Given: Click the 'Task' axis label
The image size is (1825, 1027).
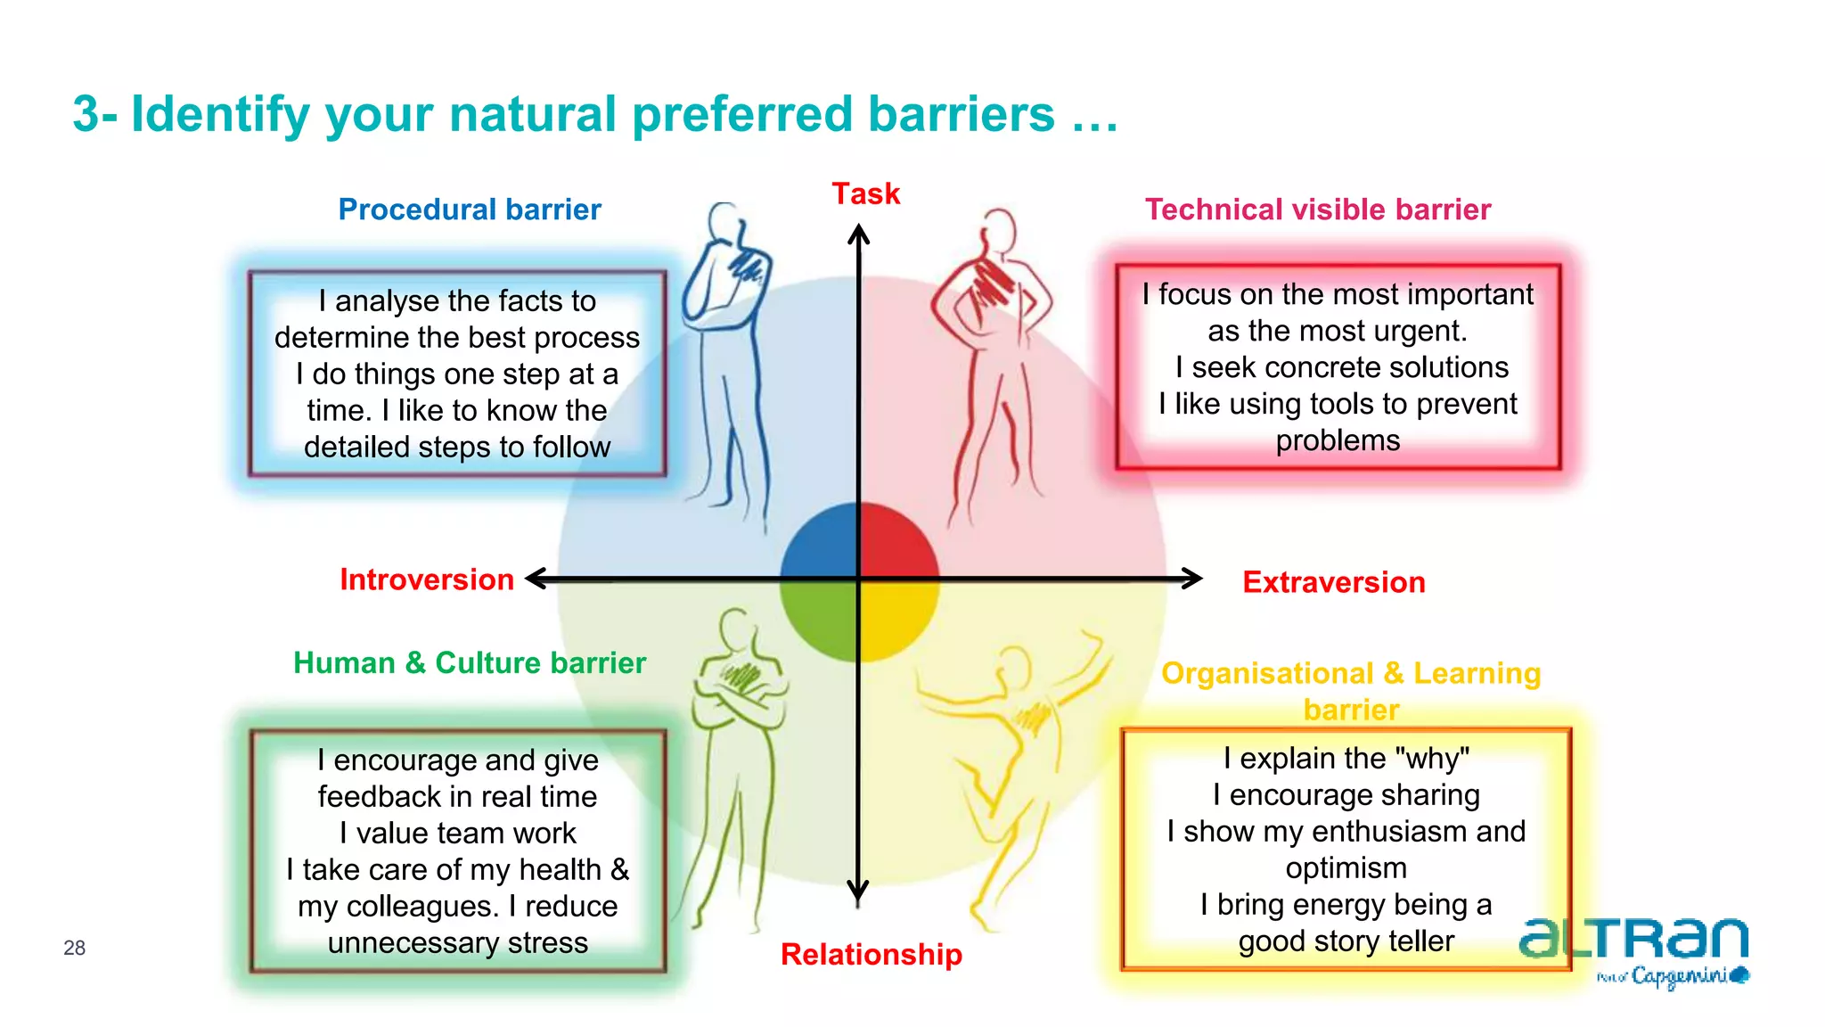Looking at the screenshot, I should click(865, 193).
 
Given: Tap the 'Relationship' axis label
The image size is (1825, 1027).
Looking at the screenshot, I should click(871, 954).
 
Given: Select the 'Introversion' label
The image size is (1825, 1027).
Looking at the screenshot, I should click(426, 579).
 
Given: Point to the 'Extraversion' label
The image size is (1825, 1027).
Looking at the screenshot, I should click(1333, 582).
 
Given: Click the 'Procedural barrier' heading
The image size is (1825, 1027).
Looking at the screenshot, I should click(470, 210).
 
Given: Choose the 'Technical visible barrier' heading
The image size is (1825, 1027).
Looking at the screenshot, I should click(1317, 210).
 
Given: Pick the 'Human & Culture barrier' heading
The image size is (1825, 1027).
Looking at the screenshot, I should click(470, 663).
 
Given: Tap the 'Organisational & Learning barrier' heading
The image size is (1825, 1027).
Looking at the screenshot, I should click(1351, 690).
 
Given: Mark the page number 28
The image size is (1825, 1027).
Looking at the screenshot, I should click(74, 948).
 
